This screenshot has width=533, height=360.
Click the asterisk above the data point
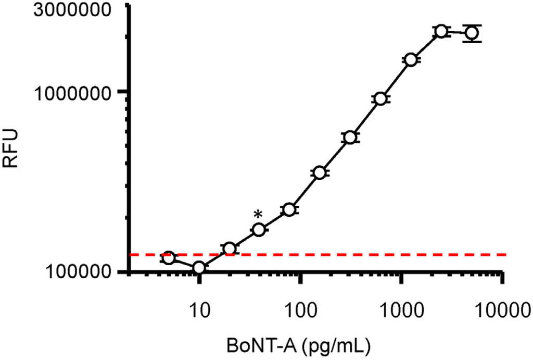click(258, 214)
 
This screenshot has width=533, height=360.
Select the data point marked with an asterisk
click(259, 229)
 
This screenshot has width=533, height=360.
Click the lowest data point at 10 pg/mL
click(199, 268)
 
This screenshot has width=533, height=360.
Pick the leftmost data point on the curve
click(168, 257)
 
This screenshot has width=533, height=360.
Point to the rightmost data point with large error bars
click(472, 33)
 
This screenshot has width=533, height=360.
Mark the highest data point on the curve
click(441, 31)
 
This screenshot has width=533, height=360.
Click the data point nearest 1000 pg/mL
click(411, 60)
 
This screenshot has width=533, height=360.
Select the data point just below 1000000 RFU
click(380, 99)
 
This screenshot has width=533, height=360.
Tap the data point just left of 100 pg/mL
click(289, 209)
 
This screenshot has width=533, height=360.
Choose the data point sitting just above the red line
click(229, 249)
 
